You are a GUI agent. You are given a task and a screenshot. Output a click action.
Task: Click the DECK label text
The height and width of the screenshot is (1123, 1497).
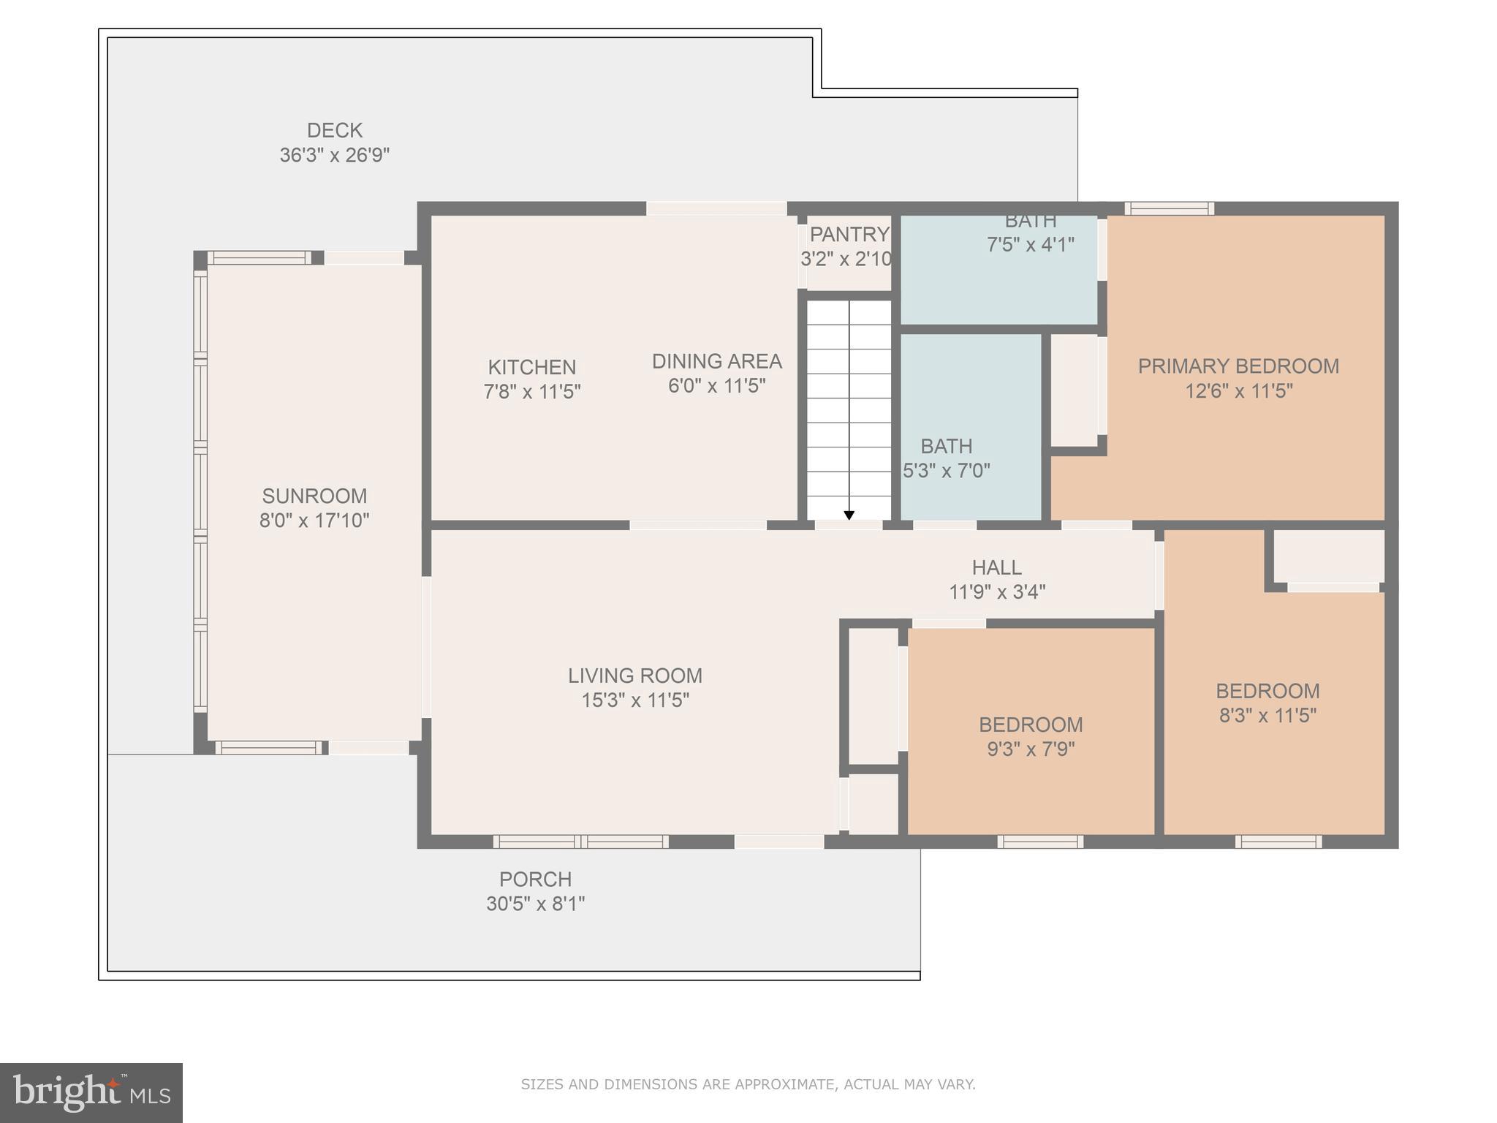point(334,131)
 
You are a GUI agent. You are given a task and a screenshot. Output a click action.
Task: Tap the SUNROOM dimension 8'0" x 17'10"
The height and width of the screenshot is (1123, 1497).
point(314,521)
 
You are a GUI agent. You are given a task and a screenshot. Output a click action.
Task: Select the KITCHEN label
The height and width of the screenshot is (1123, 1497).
point(531,367)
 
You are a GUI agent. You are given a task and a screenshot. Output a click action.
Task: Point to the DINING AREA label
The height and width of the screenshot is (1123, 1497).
point(716,361)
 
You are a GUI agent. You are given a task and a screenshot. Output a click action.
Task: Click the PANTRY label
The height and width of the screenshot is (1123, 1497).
point(849,235)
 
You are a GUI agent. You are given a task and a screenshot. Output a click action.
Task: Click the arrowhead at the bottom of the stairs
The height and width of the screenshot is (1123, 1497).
point(849,515)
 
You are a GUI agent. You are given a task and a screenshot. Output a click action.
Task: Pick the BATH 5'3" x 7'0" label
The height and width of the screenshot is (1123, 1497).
point(946,447)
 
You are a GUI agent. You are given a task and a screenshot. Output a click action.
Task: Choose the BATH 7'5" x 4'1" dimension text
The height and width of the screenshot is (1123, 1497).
point(1030,245)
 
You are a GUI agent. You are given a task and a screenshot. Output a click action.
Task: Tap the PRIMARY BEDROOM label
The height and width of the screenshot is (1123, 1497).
point(1238,366)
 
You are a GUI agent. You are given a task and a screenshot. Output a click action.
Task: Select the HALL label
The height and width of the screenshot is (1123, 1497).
point(996,567)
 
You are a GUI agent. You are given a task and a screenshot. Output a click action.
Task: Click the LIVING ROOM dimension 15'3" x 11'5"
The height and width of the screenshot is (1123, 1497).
point(634,700)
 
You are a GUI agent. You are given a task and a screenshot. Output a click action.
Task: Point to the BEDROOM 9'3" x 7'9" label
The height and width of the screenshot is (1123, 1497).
point(1031,725)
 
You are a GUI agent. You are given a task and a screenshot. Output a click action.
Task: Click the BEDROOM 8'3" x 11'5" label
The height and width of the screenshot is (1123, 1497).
point(1267,691)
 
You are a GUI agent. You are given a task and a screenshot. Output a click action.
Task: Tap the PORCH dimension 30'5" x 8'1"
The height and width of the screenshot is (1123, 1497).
point(535,904)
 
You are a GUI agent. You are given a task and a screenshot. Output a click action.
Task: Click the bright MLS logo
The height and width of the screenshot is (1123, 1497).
point(91,1092)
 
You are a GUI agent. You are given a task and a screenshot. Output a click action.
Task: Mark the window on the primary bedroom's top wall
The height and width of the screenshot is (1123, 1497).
point(1169,208)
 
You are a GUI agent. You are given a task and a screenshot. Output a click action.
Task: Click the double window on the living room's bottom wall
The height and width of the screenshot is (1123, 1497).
point(580,842)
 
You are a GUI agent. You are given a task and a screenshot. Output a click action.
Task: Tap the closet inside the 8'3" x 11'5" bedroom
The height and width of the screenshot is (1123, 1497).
point(1328,556)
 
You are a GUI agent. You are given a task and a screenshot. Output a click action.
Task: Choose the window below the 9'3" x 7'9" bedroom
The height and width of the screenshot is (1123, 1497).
point(1039,842)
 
